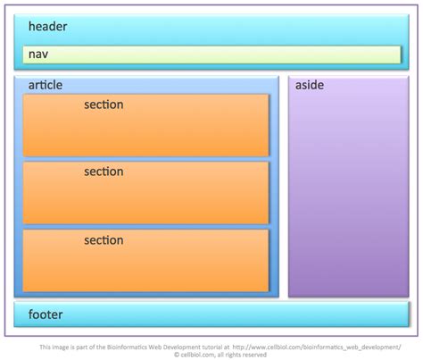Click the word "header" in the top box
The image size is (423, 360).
(x=47, y=26)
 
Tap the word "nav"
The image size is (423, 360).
(x=37, y=55)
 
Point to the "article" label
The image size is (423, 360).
(x=46, y=85)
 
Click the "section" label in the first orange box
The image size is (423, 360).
(x=104, y=105)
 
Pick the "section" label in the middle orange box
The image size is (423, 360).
(x=104, y=172)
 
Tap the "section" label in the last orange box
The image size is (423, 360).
(x=104, y=239)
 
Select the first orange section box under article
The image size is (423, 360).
(x=145, y=130)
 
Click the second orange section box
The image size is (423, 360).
(x=145, y=197)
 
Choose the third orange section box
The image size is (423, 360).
(x=145, y=264)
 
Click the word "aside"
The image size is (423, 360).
(x=310, y=85)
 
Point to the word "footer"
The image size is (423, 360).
(x=46, y=314)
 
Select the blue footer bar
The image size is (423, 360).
(x=211, y=314)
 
